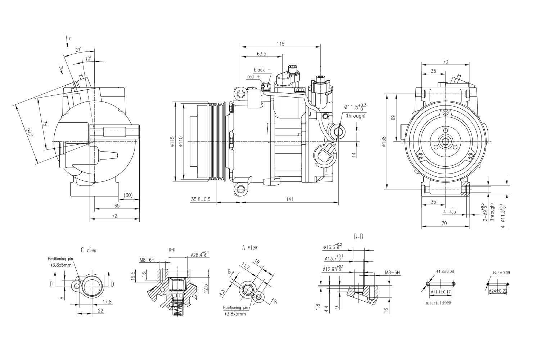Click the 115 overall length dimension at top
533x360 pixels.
[281, 44]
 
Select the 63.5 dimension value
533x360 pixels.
[262, 54]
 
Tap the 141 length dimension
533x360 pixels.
[290, 199]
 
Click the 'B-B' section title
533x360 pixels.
[358, 237]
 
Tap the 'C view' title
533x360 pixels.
[89, 249]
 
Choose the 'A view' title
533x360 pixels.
[250, 248]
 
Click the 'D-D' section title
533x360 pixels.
[172, 249]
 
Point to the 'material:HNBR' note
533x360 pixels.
[438, 303]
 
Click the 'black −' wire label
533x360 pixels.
[262, 70]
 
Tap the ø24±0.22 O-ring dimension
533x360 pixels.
[499, 291]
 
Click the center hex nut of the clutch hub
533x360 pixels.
[446, 142]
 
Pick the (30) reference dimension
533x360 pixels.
[128, 195]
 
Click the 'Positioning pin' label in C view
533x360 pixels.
[60, 258]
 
